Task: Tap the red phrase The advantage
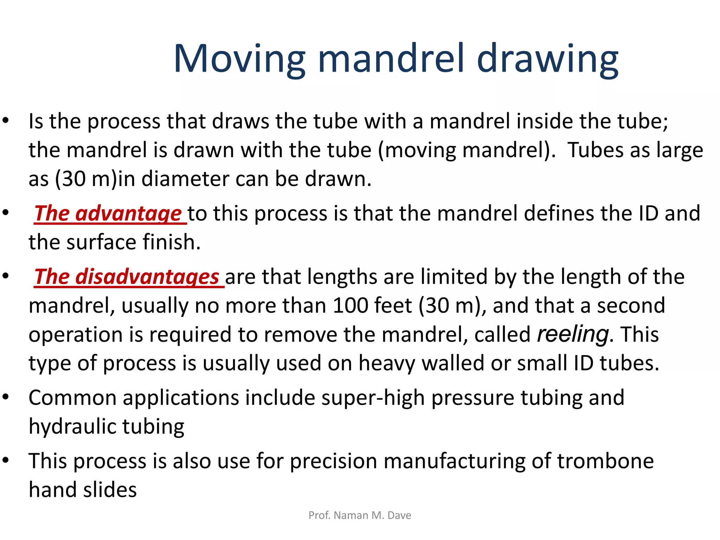(x=108, y=213)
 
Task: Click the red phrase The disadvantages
(x=127, y=277)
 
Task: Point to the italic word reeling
(x=573, y=334)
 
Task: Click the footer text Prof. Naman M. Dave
(x=360, y=515)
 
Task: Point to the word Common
(x=72, y=398)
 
